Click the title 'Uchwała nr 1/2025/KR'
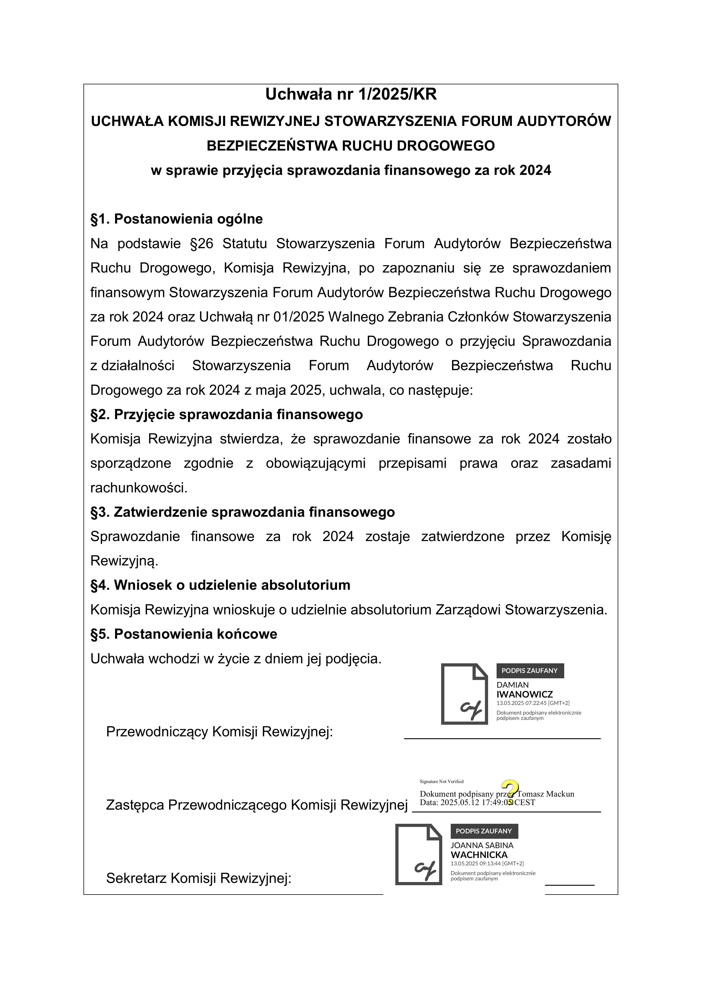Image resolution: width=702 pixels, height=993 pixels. pos(351,94)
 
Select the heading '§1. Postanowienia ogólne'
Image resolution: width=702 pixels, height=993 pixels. pos(177,219)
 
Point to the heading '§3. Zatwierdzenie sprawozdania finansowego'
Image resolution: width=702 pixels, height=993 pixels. pos(242,512)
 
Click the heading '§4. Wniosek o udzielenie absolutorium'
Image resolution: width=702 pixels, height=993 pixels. pos(220,585)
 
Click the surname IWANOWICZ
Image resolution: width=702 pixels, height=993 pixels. pos(524,694)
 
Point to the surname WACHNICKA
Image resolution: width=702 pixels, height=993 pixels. pos(479,855)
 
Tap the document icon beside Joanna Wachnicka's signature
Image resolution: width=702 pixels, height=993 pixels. pos(418,854)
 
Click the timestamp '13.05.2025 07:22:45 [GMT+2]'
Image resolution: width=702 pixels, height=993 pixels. pos(533,703)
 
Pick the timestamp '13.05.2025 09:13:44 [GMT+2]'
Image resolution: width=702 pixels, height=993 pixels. pos(487,863)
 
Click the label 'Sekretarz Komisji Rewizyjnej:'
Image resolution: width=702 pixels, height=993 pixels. pos(199,878)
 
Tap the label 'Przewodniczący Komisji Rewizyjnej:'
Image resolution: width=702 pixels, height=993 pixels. pos(219,732)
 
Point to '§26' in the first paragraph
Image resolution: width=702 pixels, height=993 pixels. pos(201,243)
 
